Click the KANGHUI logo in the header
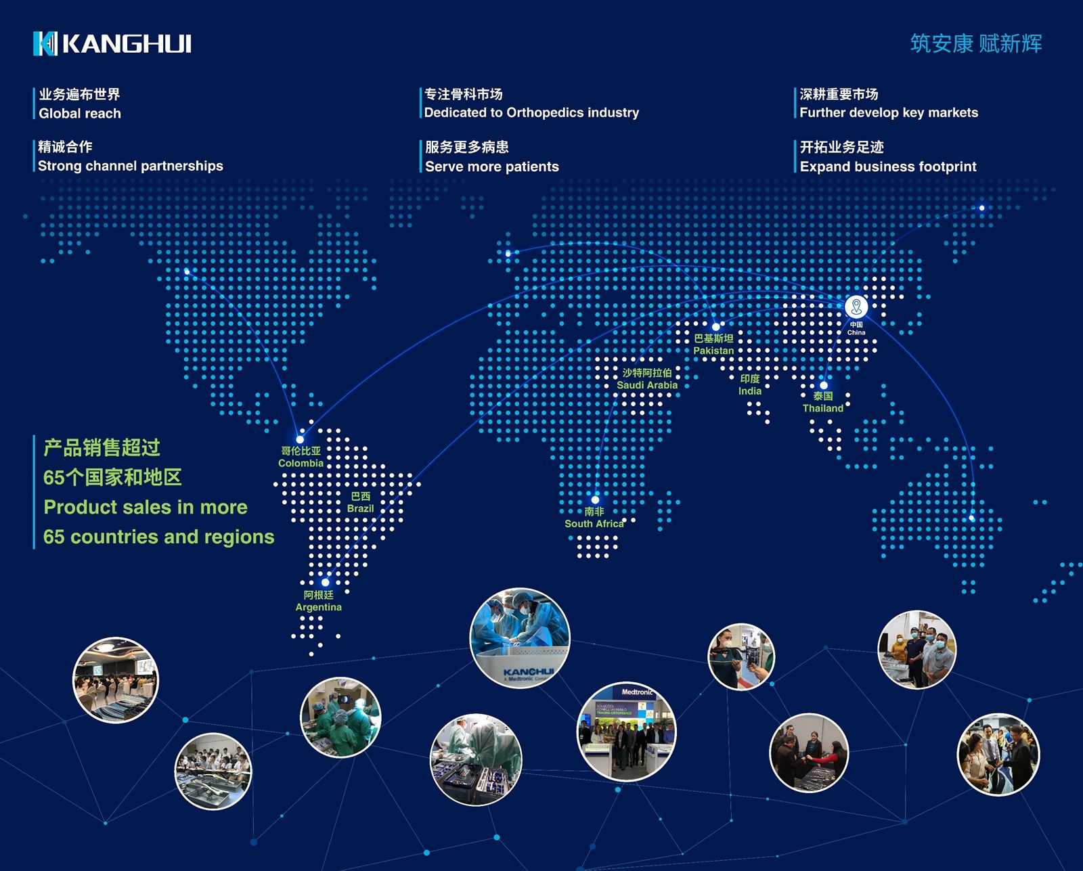(112, 44)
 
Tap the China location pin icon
(856, 307)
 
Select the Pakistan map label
(713, 344)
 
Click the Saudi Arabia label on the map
(647, 379)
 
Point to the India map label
(750, 385)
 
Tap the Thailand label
(823, 402)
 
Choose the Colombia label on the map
(301, 457)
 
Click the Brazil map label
(360, 502)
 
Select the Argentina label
(319, 601)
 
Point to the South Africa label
(594, 517)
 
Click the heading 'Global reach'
(80, 114)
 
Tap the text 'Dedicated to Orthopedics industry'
(531, 113)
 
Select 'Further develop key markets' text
(889, 113)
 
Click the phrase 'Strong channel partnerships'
(131, 166)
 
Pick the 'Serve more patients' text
(491, 166)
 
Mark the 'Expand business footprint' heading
(888, 166)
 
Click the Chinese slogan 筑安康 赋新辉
(976, 44)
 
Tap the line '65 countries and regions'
(158, 537)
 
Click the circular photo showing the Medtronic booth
(626, 732)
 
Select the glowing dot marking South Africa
(596, 499)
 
